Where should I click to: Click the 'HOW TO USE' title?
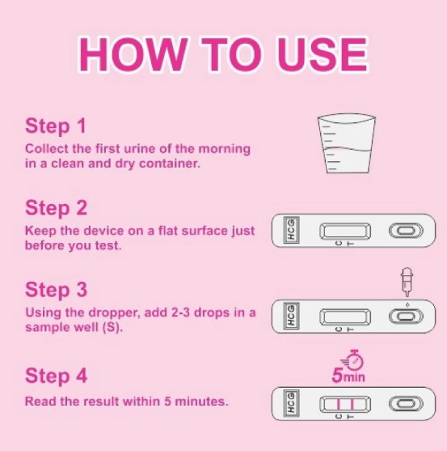(x=223, y=54)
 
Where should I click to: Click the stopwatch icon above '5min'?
(x=352, y=359)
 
